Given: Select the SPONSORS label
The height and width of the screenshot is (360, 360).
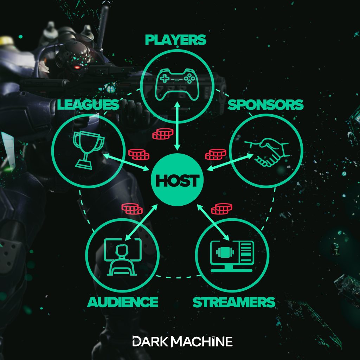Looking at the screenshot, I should tap(265, 104).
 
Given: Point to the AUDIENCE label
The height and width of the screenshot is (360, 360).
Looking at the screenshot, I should tap(122, 302).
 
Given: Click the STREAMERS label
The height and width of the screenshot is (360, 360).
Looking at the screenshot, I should tap(233, 302).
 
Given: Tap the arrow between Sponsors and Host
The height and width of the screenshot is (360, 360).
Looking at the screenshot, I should tap(227, 161).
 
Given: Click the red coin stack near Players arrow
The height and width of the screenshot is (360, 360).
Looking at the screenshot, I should tap(162, 134).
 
